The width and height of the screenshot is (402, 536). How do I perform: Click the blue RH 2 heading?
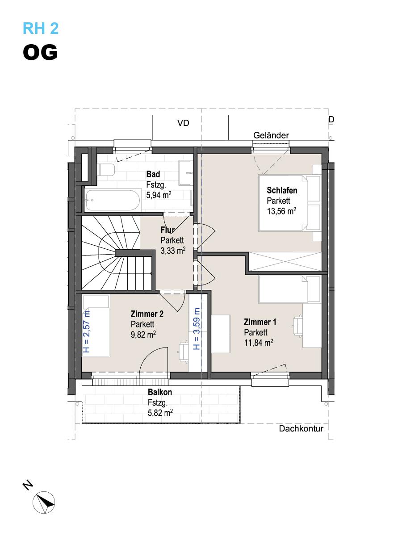coord(41,28)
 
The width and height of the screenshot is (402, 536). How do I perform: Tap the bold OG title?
coord(40,52)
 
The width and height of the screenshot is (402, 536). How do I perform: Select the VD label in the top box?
coord(183,123)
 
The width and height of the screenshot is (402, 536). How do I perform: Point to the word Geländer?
coord(271,135)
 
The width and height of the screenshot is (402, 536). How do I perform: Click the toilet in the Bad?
coord(106,169)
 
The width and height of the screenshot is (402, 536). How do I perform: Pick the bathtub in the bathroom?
coord(113,201)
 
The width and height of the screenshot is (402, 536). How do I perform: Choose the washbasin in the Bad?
coord(185,173)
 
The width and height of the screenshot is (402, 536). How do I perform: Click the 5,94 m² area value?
coord(159,195)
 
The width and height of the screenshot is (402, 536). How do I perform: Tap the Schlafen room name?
coord(282,190)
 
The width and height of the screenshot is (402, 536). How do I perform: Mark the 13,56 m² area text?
coord(281,211)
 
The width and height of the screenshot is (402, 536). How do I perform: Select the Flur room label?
coord(167,230)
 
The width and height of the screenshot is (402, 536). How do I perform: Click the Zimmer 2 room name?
coord(147,314)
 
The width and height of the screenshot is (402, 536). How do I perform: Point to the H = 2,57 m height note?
coord(87,331)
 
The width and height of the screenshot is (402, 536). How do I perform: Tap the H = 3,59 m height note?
coord(197,329)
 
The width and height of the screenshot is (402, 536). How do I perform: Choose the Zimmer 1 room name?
coord(260,322)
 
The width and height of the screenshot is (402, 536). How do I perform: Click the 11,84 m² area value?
coord(259,343)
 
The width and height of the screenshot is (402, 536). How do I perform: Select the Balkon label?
coord(160,392)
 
